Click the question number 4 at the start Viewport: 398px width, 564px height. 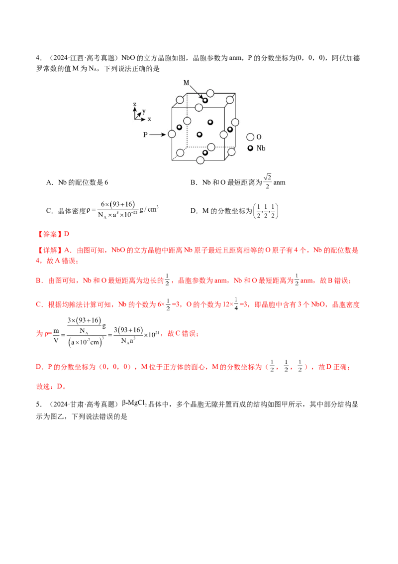tap(38, 58)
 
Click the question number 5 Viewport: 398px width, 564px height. tap(38, 404)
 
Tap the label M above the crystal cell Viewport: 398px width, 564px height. tap(187, 83)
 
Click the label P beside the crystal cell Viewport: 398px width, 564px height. tap(145, 135)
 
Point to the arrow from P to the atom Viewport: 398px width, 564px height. tap(158, 135)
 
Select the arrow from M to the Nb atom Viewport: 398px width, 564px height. tap(196, 91)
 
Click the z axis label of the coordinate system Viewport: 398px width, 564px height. tap(135, 104)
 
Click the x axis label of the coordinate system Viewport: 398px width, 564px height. tap(149, 119)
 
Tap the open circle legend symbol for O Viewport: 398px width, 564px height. tap(250, 137)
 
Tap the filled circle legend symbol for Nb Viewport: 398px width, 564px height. tap(250, 148)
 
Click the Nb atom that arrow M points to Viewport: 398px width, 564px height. tap(205, 100)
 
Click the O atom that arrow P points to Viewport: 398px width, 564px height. tap(172, 134)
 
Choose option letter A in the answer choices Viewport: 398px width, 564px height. tap(49, 182)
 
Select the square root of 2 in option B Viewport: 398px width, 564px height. tap(267, 177)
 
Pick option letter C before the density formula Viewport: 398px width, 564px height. tap(49, 211)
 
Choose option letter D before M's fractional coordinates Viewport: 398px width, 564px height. tap(193, 211)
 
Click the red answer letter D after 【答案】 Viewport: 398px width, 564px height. tap(67, 234)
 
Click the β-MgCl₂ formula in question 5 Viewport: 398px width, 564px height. tap(134, 404)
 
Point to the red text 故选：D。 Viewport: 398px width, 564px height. tap(51, 386)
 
